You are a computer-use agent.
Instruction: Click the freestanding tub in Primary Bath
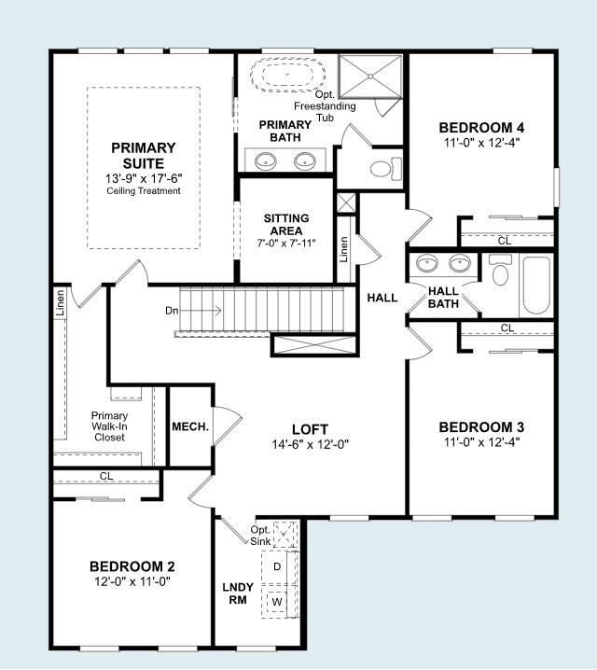(288, 76)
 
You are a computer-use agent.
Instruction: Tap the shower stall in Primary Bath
(370, 77)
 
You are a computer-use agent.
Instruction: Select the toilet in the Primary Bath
(386, 169)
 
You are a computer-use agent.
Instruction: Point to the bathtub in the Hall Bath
(536, 285)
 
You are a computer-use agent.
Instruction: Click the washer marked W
(277, 602)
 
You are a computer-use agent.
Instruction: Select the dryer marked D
(277, 566)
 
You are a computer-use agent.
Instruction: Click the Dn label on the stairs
(172, 311)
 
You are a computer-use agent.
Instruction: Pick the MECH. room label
(190, 426)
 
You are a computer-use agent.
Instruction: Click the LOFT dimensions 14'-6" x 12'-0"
(311, 444)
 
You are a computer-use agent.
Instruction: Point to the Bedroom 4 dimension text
(481, 142)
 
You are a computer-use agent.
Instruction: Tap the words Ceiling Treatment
(144, 191)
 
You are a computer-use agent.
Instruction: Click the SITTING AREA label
(286, 224)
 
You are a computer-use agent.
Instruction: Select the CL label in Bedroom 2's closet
(106, 476)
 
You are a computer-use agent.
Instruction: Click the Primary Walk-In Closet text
(109, 426)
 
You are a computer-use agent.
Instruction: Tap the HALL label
(382, 298)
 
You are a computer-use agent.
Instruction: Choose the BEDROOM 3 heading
(481, 427)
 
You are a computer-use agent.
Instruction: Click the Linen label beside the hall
(344, 249)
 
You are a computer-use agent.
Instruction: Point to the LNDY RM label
(238, 593)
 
